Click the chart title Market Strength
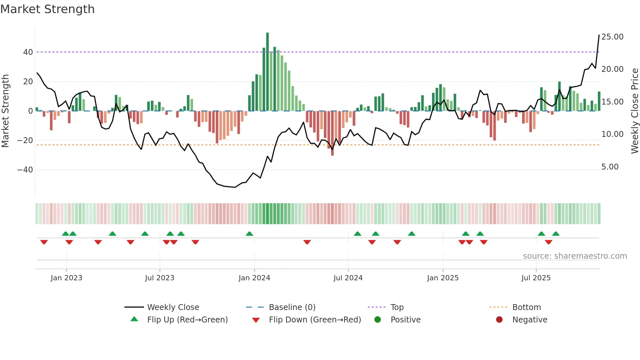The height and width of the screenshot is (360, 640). tap(47, 9)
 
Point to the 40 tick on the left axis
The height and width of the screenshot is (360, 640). tap(28, 52)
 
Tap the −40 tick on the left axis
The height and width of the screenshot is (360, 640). tap(25, 170)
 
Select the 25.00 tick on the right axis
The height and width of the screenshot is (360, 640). tap(612, 37)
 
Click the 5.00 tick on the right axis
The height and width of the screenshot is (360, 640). tap(610, 167)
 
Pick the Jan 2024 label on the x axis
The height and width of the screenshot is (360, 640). tap(254, 278)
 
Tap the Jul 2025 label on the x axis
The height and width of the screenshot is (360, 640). tap(536, 278)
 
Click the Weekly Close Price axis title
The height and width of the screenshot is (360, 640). tap(634, 111)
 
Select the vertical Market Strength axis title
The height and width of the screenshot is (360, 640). tap(5, 111)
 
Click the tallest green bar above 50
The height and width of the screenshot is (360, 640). tap(267, 72)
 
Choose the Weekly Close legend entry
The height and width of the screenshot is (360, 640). tap(173, 307)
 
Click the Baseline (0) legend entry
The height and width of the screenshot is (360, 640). tap(292, 307)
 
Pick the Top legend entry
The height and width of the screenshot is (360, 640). tap(397, 307)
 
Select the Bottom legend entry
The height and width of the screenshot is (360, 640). tap(526, 307)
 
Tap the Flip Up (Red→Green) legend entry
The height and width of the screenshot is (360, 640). tap(187, 320)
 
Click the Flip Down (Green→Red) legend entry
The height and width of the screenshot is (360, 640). tap(314, 320)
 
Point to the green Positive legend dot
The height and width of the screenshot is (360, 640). tap(378, 320)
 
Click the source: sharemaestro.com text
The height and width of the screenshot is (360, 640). tap(575, 256)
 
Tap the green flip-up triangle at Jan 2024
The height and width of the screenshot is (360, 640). tap(249, 234)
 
